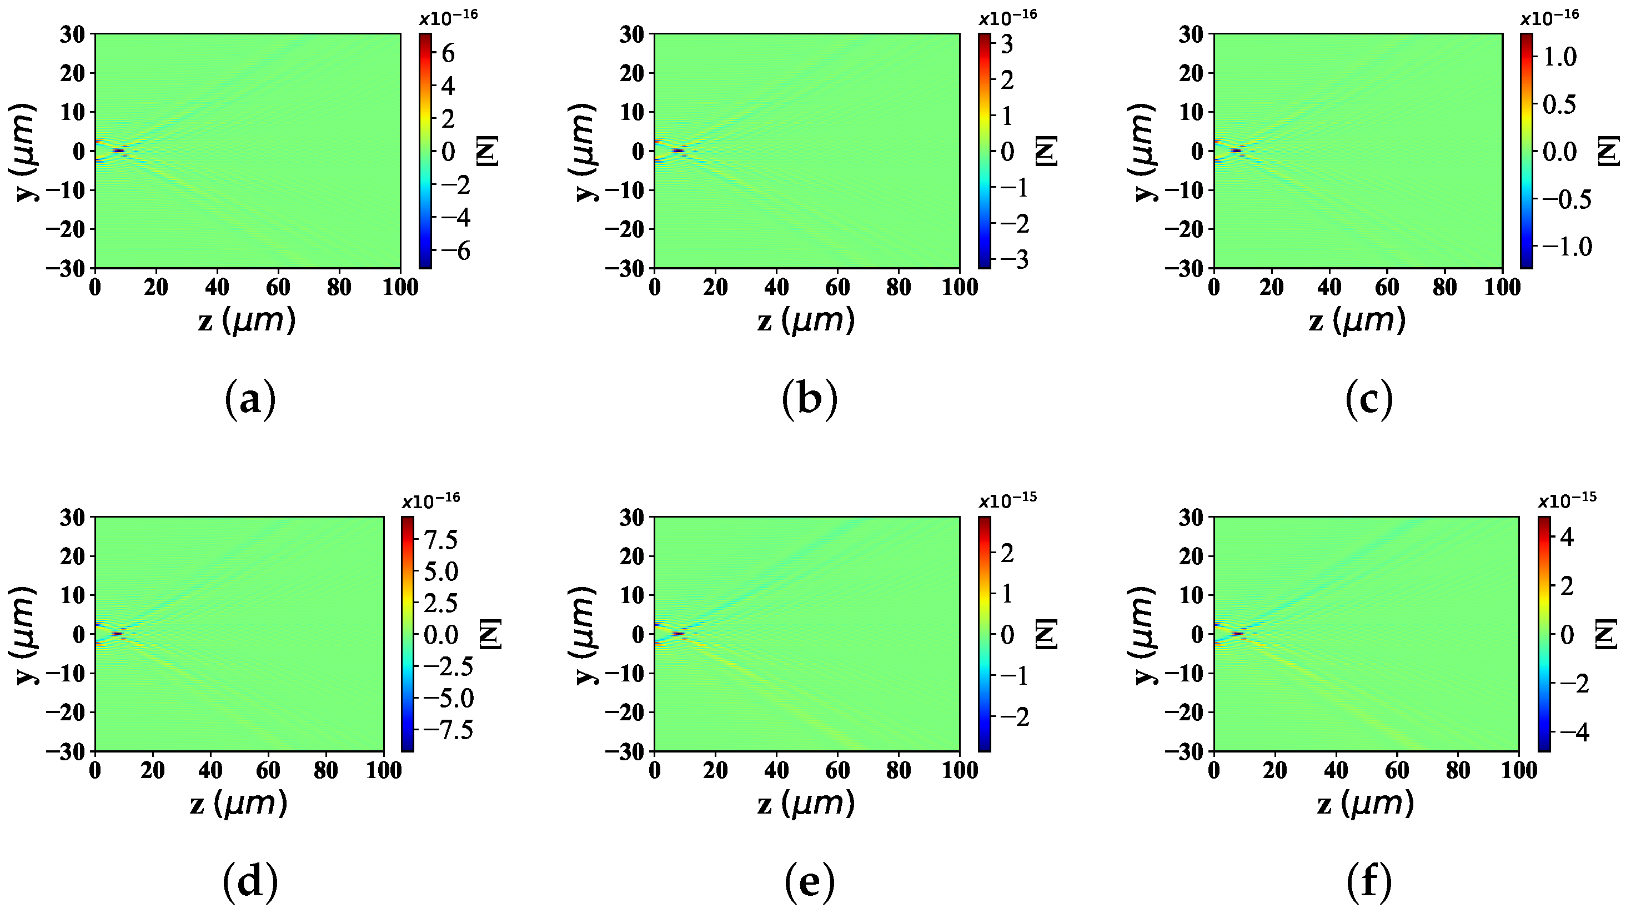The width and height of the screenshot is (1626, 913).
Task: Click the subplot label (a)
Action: tap(250, 400)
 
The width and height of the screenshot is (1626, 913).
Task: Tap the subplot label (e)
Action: tap(809, 882)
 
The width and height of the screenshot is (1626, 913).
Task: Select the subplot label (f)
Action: tap(1368, 882)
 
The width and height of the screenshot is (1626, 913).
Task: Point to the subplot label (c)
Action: tap(1368, 400)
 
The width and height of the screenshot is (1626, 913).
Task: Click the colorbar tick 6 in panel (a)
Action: tap(448, 54)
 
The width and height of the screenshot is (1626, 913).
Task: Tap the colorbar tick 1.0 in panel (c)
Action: tap(1559, 57)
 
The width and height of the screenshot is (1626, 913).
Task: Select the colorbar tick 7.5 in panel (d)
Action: tap(440, 540)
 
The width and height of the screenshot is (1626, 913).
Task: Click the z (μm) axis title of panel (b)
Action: tap(806, 320)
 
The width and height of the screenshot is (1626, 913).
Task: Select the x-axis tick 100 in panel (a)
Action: tap(400, 288)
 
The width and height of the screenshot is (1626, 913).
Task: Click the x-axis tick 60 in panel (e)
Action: tap(837, 771)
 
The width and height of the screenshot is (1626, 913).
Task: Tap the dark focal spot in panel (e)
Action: tap(678, 633)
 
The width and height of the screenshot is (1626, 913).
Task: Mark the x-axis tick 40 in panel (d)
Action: tap(210, 771)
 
